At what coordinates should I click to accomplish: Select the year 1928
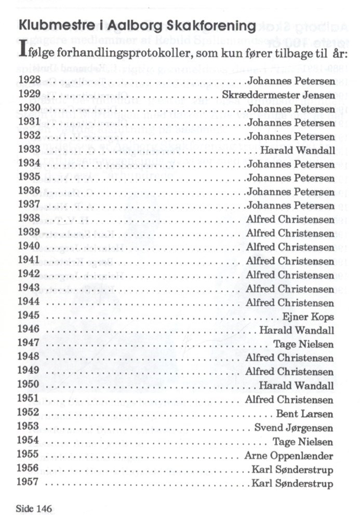(x=29, y=81)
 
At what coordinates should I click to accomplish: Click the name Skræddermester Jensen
(x=278, y=95)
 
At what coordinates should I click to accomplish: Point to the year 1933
(x=29, y=150)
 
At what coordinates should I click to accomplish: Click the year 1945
(x=29, y=316)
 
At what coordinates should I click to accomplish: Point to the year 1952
(x=29, y=413)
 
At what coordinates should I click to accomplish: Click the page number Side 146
(x=34, y=508)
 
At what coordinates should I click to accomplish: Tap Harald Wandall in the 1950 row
(x=297, y=386)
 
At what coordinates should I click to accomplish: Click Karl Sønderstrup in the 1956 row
(x=292, y=470)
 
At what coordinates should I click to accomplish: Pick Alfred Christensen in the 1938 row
(x=290, y=220)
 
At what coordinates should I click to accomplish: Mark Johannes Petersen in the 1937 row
(x=291, y=206)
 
